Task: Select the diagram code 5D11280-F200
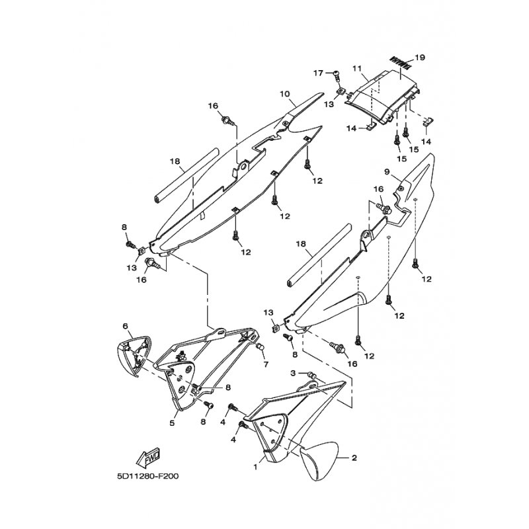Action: pos(147,476)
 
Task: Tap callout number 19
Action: pos(420,58)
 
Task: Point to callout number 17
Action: pos(319,73)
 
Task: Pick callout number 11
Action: pos(357,69)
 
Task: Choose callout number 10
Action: pos(285,93)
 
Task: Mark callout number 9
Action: pos(387,172)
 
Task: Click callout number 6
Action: pos(126,326)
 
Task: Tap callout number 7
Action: pos(266,364)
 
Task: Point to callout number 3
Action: pos(293,373)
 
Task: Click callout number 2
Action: pos(354,458)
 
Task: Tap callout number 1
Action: pos(255,467)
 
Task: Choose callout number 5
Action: pos(172,423)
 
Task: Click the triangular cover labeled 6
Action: pos(134,356)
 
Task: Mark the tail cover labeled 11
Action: pos(382,97)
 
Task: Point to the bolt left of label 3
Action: pos(311,375)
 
